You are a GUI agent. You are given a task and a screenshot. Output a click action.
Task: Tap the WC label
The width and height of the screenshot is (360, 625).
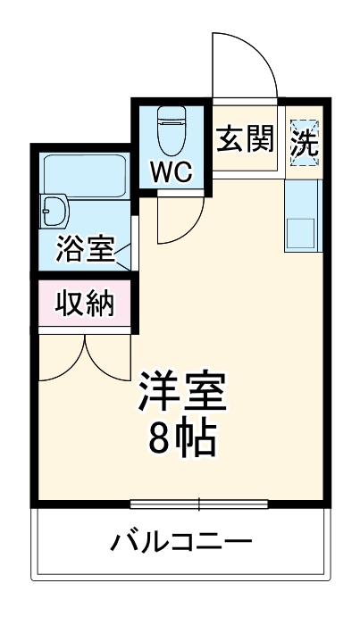click(x=171, y=171)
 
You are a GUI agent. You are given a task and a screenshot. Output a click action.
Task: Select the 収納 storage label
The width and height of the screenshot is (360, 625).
click(x=86, y=304)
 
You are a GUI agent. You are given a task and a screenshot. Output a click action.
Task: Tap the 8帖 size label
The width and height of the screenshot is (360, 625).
click(x=181, y=437)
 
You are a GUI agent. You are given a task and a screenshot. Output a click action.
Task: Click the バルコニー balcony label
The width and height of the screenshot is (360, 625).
click(x=181, y=541)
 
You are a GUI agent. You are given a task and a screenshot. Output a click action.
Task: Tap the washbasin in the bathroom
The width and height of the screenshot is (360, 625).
click(x=54, y=211)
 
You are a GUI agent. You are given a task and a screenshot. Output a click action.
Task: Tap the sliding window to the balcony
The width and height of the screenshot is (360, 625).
click(x=198, y=504)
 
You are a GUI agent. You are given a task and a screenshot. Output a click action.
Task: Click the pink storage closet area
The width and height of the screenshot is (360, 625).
click(x=86, y=304)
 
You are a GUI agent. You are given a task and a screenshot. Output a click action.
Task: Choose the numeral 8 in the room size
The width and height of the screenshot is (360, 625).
click(x=158, y=437)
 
